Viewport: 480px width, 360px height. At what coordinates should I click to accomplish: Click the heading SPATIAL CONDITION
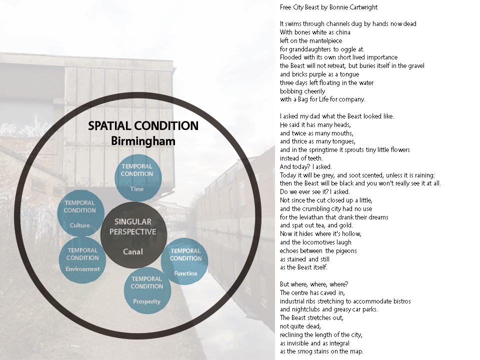pos(143,126)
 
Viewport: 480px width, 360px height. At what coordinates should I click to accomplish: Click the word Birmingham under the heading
pos(143,141)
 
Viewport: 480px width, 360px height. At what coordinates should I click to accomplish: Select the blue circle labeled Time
pos(137,178)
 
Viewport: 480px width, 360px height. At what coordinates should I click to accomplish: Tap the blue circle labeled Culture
pos(80,214)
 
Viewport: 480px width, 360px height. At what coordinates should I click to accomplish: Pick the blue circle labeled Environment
pos(82,259)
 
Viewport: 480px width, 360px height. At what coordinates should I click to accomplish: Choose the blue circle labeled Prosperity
pos(147,290)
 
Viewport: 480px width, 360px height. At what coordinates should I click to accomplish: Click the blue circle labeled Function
pos(185,261)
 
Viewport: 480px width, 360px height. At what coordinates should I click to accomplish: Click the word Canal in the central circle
pos(132,251)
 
